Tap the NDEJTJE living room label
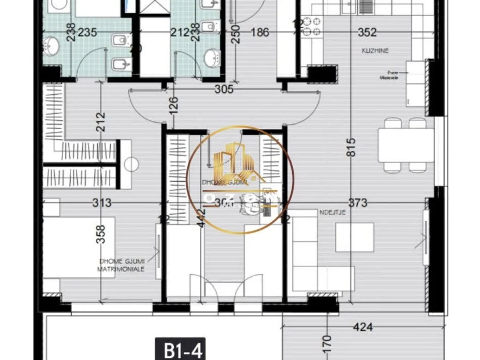[x=332, y=213]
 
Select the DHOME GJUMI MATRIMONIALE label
[x=121, y=265]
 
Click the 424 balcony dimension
[x=362, y=327]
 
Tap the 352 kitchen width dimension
[x=367, y=33]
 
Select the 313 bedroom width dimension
[x=102, y=203]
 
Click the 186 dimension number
[x=260, y=33]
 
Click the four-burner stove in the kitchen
[x=312, y=28]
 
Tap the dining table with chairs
[x=406, y=145]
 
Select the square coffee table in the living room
[x=355, y=237]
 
